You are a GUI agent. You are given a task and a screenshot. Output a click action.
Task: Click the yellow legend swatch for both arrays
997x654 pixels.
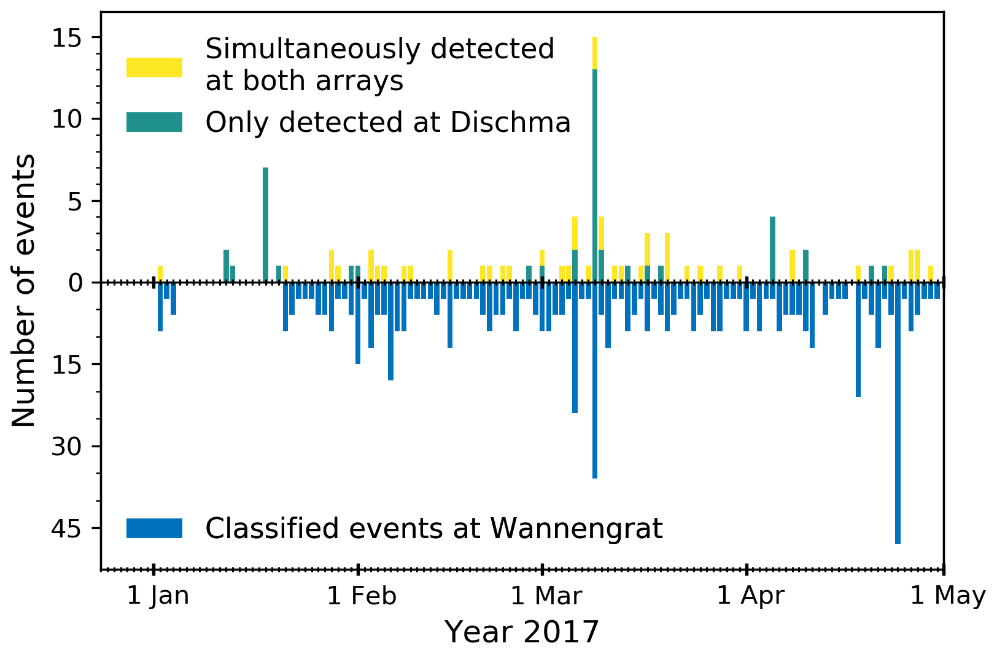(154, 67)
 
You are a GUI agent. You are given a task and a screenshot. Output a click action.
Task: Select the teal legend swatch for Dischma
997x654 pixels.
(154, 122)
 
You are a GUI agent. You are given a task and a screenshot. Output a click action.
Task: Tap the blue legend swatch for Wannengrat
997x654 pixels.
(154, 528)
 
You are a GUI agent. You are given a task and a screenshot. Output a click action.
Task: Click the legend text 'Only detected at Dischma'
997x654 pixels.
(388, 123)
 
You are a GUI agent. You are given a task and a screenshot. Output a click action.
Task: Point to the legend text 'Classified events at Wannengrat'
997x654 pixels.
(433, 528)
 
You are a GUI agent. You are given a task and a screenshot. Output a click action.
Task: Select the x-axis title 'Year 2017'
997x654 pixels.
(521, 632)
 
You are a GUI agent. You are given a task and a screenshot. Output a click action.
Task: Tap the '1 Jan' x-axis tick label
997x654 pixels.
(158, 596)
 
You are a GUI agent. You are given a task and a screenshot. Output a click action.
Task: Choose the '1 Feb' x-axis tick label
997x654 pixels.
(362, 596)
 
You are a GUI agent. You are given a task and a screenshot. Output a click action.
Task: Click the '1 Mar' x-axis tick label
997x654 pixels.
(546, 596)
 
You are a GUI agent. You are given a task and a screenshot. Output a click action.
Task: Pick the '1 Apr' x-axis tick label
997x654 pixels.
(750, 596)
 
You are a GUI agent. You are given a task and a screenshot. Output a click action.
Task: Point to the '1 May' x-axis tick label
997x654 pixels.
(947, 596)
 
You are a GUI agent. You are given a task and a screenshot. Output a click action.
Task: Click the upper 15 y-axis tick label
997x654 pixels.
(67, 38)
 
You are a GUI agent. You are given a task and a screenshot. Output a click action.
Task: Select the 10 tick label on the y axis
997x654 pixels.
(67, 120)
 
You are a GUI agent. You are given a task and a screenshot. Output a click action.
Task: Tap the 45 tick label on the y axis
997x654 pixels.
(67, 528)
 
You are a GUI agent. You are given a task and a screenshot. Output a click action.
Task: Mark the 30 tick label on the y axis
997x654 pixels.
(67, 447)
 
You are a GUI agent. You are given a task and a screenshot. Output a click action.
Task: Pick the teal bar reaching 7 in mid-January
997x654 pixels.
(265, 225)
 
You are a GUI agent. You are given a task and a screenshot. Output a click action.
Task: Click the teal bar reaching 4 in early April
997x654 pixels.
(772, 249)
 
